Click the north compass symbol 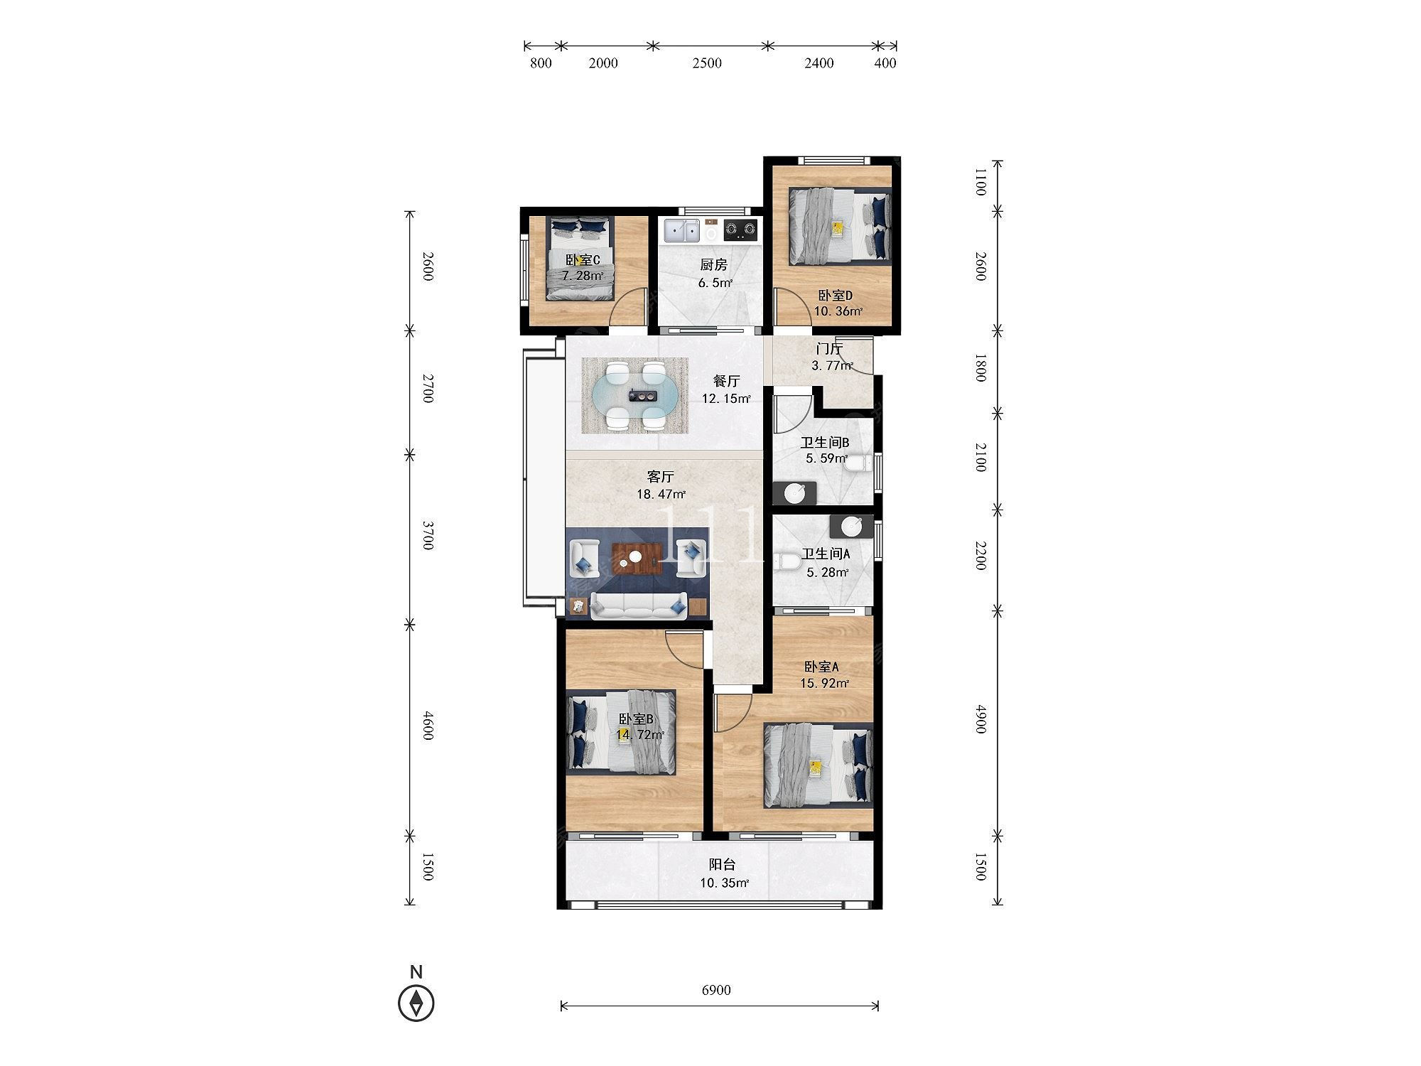point(416,1003)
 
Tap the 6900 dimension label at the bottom point(715,990)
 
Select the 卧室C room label point(583,260)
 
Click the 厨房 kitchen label point(713,265)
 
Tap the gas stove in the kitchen point(740,230)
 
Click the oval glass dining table point(636,396)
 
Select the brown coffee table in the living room point(637,559)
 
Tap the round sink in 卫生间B point(794,492)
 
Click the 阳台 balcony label point(722,865)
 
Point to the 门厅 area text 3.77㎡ point(832,366)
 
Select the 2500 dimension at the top point(707,63)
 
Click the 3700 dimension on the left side point(428,535)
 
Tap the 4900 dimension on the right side point(980,719)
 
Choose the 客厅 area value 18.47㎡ point(661,494)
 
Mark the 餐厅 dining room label point(727,381)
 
